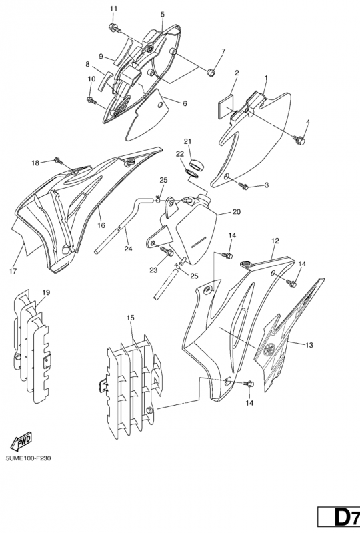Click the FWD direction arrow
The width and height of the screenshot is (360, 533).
21,442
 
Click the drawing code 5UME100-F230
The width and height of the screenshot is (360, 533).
28,458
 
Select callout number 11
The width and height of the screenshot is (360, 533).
113,9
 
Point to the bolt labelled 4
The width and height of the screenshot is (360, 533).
299,139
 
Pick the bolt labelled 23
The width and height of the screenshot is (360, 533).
168,252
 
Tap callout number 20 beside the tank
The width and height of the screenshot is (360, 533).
237,212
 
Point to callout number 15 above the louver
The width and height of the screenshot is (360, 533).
130,318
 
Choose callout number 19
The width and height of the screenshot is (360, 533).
46,292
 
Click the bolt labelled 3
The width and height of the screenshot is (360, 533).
244,185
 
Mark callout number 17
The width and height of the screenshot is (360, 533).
13,271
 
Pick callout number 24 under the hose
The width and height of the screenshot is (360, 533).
128,249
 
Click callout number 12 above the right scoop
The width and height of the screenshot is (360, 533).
275,241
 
